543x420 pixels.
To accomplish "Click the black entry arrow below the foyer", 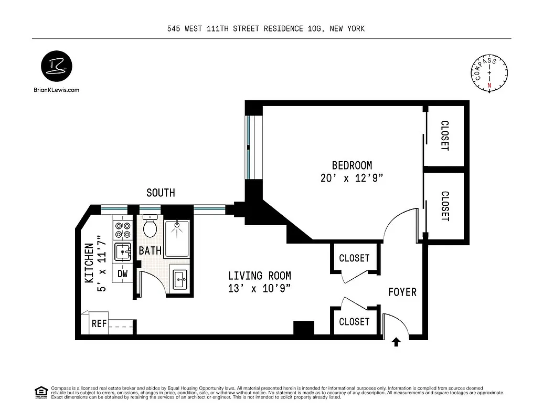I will [396, 342].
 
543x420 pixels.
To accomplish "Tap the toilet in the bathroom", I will [150, 226].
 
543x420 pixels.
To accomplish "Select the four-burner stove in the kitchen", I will [123, 230].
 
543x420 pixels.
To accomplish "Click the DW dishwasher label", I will [122, 273].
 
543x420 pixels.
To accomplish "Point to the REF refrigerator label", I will [99, 324].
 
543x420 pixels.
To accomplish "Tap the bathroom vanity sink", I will [179, 279].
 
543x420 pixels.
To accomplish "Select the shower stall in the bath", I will [177, 239].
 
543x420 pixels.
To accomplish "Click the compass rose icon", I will [489, 73].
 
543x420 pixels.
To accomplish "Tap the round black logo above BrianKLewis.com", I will [56, 67].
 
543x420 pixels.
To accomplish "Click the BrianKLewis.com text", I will [56, 90].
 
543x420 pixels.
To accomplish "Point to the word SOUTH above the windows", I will [161, 193].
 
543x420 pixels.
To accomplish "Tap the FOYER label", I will [402, 292].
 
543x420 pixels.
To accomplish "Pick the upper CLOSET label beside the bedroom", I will [444, 135].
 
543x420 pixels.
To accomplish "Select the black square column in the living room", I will [303, 328].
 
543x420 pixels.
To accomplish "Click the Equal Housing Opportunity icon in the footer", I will [40, 392].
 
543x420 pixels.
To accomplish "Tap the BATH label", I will [150, 251].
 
